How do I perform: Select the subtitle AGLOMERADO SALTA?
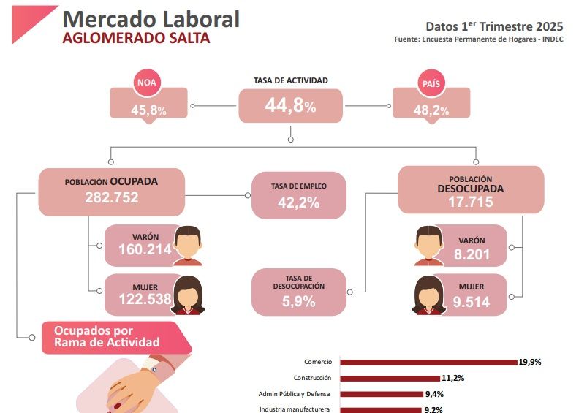click(136, 38)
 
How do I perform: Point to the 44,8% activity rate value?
click(290, 107)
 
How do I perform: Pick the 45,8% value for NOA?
click(148, 110)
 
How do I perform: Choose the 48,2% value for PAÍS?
click(431, 110)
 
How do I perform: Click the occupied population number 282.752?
click(111, 197)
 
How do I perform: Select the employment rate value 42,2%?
click(298, 203)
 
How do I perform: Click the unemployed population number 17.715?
click(470, 202)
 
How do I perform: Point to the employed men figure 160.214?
click(145, 250)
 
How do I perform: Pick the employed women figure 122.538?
click(145, 298)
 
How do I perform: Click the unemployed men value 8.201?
click(470, 254)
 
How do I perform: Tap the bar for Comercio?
click(428, 362)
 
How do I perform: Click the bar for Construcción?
click(390, 378)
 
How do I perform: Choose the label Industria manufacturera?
click(295, 409)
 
